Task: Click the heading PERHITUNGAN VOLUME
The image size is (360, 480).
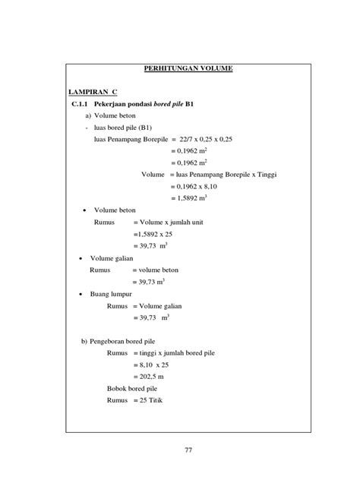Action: tap(188, 69)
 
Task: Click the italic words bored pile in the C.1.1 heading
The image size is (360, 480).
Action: tap(171, 103)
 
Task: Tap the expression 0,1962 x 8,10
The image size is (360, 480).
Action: tap(197, 186)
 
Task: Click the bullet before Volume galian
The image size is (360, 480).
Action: tap(83, 258)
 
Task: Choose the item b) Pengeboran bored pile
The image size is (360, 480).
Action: tap(122, 341)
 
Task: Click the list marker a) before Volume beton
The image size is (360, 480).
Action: tap(89, 115)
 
